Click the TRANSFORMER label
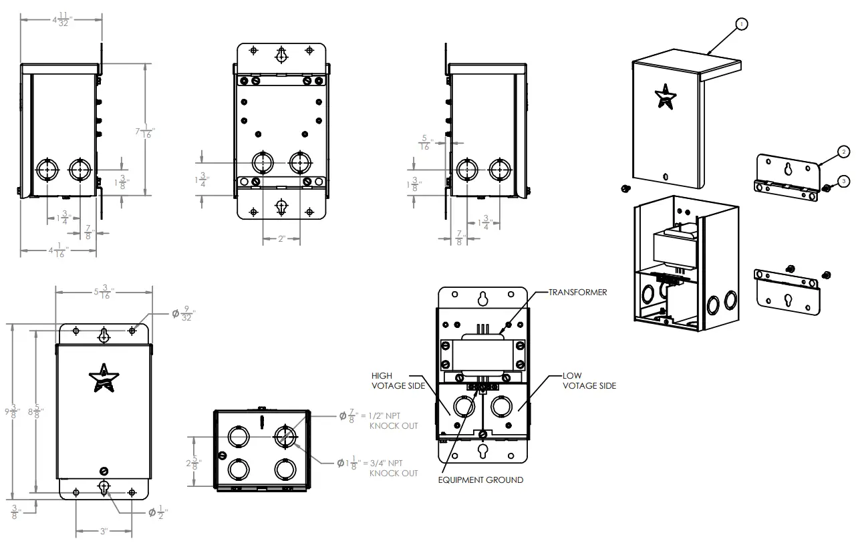(577, 293)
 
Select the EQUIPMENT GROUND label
(480, 480)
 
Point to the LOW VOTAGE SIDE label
(589, 381)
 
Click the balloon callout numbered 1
(740, 24)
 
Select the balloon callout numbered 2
(843, 152)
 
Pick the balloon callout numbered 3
(843, 180)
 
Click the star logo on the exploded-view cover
(666, 96)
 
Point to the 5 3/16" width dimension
(103, 292)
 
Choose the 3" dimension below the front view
(104, 532)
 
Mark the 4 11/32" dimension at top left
(61, 20)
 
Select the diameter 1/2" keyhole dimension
(158, 513)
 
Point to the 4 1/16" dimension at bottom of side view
(59, 251)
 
